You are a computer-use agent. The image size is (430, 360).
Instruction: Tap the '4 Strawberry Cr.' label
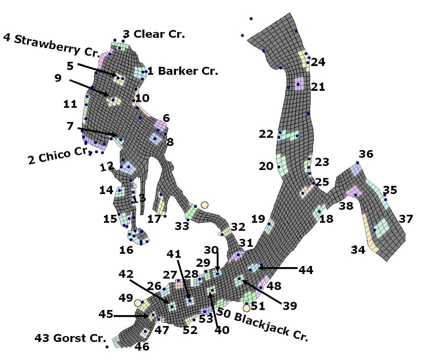[51, 45]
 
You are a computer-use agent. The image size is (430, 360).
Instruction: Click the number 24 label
[318, 62]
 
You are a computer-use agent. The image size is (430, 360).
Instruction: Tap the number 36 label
[366, 154]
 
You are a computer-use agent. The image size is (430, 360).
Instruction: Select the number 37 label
[406, 219]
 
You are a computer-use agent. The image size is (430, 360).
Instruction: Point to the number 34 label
[358, 250]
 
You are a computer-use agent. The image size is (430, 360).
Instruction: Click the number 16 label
[126, 250]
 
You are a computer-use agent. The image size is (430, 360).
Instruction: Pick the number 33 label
[182, 226]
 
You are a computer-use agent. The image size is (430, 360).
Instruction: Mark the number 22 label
[266, 134]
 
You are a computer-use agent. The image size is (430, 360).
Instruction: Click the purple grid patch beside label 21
[299, 84]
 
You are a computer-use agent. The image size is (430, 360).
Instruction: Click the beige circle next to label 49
[138, 303]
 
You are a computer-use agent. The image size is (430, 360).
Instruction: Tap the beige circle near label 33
[204, 205]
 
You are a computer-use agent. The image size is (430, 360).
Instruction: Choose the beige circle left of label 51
[246, 308]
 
